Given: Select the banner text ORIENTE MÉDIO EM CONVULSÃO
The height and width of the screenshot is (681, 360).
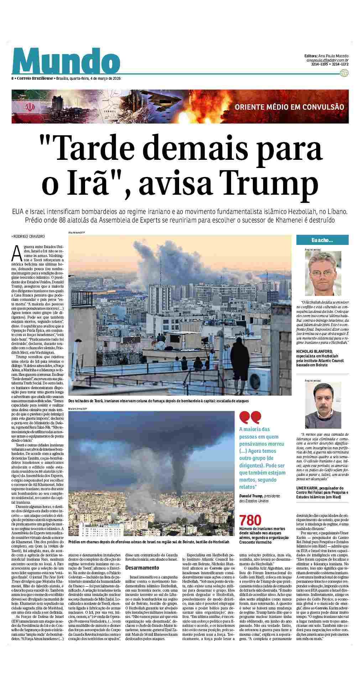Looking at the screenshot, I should click(289, 107).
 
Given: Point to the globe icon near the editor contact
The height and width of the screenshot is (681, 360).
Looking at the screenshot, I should click(344, 73).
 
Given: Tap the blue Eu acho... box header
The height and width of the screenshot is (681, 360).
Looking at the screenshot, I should click(322, 241).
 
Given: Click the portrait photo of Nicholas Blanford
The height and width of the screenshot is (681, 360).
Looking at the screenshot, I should click(323, 273).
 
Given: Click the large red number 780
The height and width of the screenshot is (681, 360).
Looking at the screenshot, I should click(250, 520).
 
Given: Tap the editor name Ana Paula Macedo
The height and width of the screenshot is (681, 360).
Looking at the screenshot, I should click(333, 56).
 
